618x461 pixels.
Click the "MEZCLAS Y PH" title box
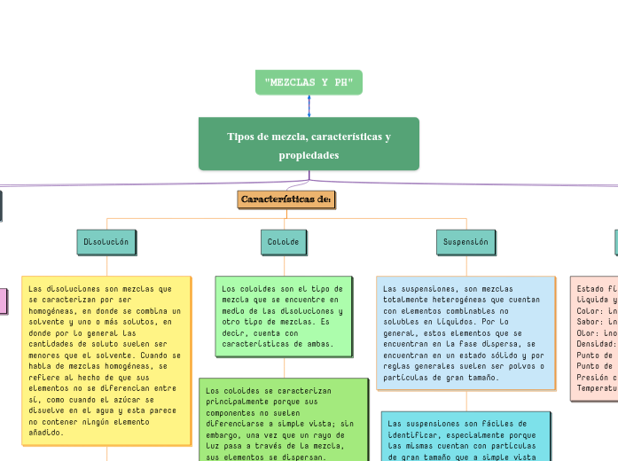click(309, 82)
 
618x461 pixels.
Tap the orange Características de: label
click(286, 199)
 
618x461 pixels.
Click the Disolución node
click(106, 241)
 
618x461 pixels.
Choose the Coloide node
click(285, 241)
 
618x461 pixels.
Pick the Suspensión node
click(465, 241)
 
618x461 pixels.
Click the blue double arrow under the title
click(309, 105)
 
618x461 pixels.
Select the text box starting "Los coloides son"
click(284, 316)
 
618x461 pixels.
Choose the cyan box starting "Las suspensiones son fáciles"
click(465, 435)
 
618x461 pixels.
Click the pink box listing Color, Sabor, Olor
click(595, 338)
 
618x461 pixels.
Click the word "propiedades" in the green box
click(309, 155)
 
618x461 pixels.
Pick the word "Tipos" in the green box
click(240, 137)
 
